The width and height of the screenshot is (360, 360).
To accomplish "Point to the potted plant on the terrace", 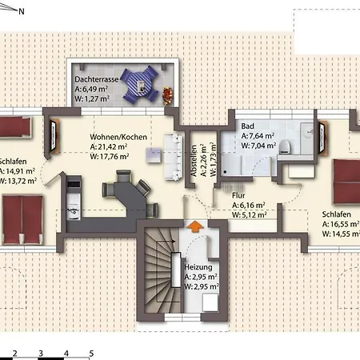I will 166,94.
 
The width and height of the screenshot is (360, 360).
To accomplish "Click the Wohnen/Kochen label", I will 118,137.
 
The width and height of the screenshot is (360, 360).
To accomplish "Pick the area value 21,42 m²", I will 113,147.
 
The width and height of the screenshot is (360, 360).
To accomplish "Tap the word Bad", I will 247,126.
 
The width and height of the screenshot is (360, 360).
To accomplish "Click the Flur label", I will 238,194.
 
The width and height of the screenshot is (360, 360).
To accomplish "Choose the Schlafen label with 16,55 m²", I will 339,215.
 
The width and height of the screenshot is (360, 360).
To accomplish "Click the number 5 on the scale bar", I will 91,353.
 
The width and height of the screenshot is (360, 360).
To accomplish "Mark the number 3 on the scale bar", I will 39,353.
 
